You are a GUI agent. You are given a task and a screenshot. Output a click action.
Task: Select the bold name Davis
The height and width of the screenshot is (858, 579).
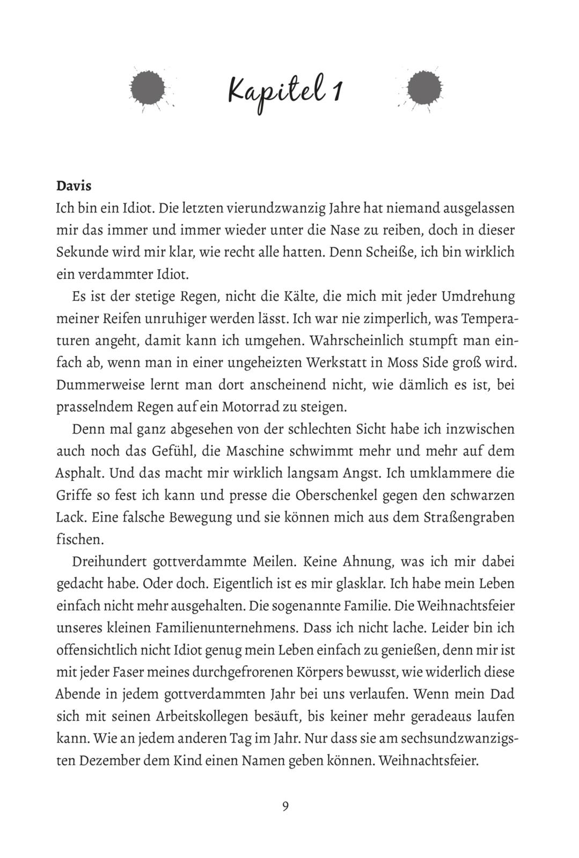(74, 186)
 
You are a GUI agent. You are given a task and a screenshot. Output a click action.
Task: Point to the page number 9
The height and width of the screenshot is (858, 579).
(285, 806)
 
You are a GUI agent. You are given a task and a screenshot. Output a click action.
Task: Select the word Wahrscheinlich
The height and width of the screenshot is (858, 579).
(356, 341)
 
